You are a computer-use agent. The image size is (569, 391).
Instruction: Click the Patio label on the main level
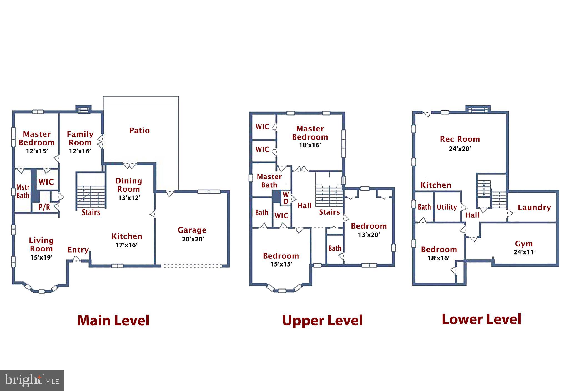(x=139, y=131)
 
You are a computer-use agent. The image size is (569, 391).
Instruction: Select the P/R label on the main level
(x=44, y=207)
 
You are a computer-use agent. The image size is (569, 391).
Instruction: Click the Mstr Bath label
(x=23, y=191)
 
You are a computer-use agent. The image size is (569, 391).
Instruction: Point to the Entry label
(x=78, y=250)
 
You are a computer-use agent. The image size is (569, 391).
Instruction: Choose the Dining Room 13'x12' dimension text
(x=129, y=198)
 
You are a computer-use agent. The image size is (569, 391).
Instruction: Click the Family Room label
(x=80, y=138)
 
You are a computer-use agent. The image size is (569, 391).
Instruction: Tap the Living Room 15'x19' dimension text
(x=41, y=257)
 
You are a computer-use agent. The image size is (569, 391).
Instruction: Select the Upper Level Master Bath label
(x=269, y=181)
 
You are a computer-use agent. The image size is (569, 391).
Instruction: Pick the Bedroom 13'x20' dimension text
(x=369, y=235)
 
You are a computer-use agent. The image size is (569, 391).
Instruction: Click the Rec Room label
(x=460, y=139)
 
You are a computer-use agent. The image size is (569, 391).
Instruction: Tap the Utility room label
(x=447, y=207)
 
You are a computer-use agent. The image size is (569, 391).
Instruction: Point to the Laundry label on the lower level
(x=534, y=208)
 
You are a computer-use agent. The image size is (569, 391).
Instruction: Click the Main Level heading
(x=113, y=320)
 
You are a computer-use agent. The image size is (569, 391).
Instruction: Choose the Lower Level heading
(x=481, y=319)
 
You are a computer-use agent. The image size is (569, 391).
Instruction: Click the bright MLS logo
(x=32, y=380)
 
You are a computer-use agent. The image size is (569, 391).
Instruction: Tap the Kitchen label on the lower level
(x=436, y=185)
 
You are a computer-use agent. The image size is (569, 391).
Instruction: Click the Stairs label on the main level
(x=91, y=213)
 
